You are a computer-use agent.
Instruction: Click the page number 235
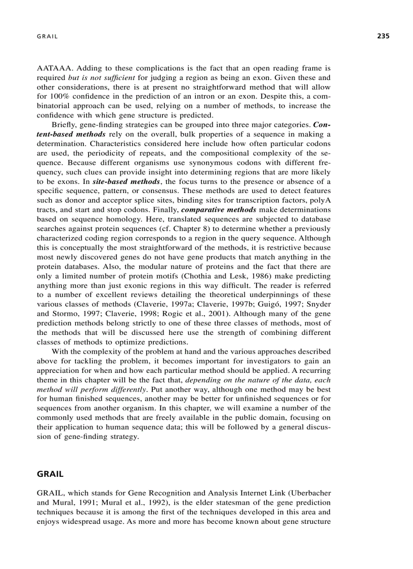coord(383,36)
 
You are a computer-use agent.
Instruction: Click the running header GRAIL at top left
coord(48,36)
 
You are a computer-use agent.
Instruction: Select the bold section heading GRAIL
coord(50,474)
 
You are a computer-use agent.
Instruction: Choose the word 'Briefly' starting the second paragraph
coord(64,124)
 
